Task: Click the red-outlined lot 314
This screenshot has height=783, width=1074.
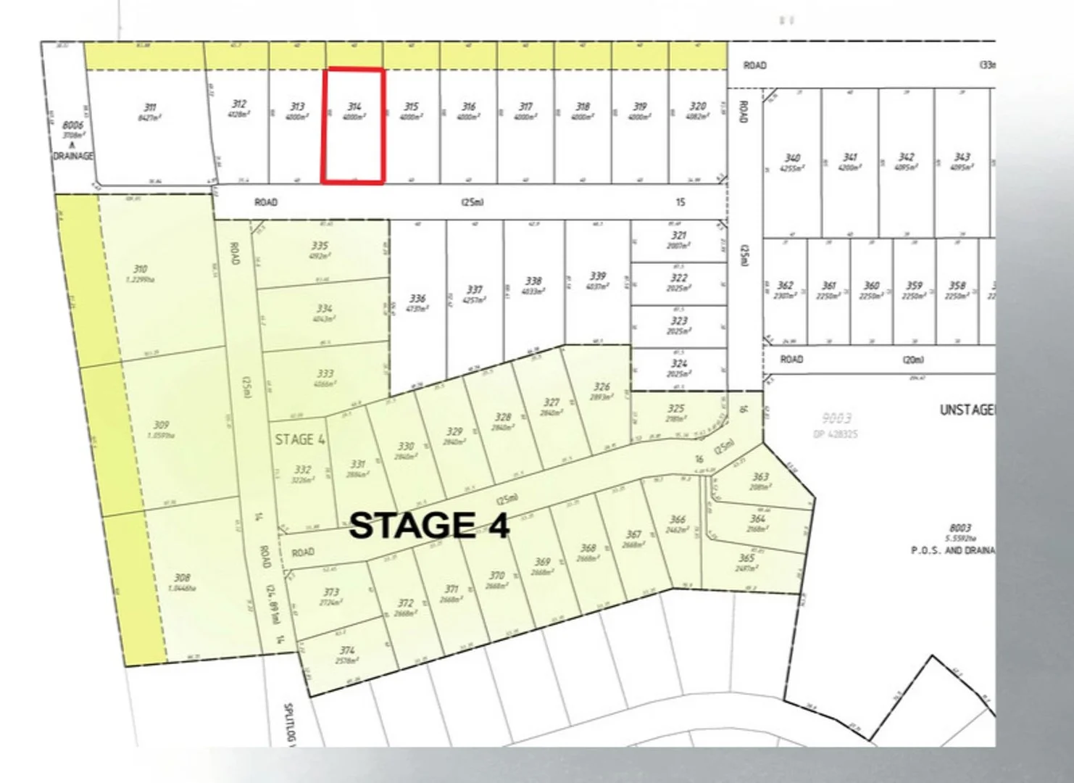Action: point(353,125)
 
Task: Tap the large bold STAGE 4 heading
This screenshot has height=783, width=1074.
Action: point(429,526)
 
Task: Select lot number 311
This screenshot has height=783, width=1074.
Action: point(149,107)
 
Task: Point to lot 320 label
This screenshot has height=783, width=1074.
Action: point(697,106)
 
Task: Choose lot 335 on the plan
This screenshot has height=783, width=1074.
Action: point(320,246)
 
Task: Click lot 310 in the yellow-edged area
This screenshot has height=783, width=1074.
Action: point(140,269)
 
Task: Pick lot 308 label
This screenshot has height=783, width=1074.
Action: point(182,578)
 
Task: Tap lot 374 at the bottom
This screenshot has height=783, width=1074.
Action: point(347,650)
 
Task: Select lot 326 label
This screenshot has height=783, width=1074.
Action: point(601,387)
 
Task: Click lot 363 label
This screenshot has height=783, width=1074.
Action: point(760,477)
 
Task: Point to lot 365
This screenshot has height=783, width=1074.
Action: point(746,558)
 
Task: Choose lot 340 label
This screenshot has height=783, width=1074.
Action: point(792,158)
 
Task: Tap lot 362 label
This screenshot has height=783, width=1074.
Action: point(785,286)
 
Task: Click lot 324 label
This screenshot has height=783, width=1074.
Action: point(678,364)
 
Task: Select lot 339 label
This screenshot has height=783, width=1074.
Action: point(597,276)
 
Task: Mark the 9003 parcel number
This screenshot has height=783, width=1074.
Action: point(837,418)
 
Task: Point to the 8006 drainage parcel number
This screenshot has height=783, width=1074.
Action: point(72,125)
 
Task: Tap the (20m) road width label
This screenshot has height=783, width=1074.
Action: point(913,360)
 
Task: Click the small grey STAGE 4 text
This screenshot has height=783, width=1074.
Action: point(300,439)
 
